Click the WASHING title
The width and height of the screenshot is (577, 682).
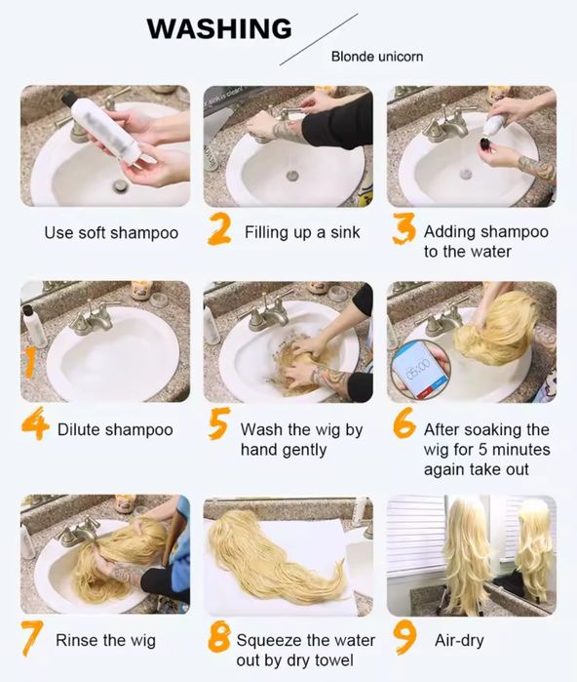219,28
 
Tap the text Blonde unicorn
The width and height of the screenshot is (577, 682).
376,57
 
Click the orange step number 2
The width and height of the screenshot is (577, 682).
219,228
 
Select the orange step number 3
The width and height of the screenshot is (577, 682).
404,228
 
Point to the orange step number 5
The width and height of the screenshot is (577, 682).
219,423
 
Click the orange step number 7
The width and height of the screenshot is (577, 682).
32,638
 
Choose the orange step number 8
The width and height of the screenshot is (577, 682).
219,636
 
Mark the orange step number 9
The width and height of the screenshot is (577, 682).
404,637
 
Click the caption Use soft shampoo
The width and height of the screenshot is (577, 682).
111,233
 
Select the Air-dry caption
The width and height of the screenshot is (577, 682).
459,641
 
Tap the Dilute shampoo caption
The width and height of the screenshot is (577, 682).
115,429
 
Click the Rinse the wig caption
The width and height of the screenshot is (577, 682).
105,640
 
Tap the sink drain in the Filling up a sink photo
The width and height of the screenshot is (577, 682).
292,176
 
